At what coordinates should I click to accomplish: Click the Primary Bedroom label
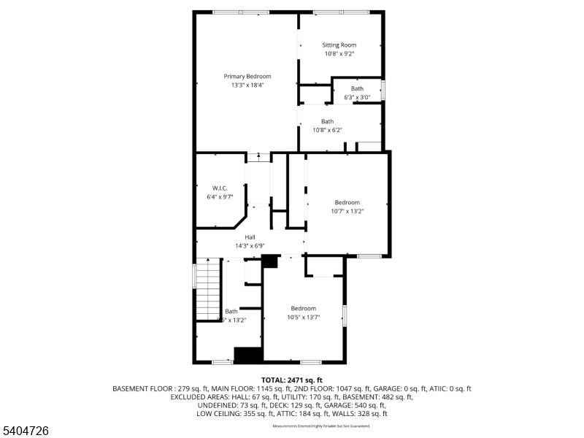click(x=247, y=77)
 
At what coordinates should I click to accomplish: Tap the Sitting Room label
click(x=339, y=45)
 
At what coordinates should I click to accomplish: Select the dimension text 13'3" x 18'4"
click(x=247, y=85)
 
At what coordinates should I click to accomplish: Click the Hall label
click(x=250, y=237)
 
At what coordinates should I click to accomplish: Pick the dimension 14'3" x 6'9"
click(x=250, y=246)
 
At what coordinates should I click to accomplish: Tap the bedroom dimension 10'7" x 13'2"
click(x=347, y=212)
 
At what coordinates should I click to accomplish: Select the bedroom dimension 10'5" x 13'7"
click(x=303, y=318)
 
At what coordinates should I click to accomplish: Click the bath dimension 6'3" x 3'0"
click(x=357, y=97)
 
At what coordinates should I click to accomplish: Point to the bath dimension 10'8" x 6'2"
click(x=327, y=130)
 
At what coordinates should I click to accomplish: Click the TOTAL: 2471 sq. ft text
click(x=291, y=380)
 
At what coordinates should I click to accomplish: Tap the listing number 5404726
click(x=26, y=431)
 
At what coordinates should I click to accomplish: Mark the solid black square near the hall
click(x=270, y=261)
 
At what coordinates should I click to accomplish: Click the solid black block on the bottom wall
click(x=247, y=355)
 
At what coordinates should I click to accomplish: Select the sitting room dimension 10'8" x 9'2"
click(x=339, y=54)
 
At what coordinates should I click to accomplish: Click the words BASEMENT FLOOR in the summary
click(x=140, y=389)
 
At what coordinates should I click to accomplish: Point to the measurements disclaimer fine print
click(x=321, y=426)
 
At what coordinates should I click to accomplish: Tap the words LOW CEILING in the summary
click(x=217, y=414)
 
